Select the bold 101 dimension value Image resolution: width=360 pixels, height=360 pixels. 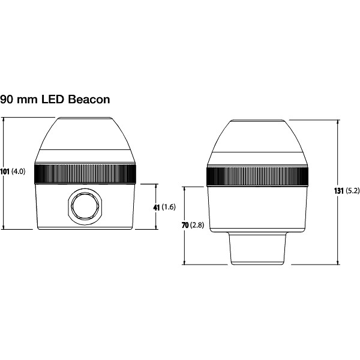click(5, 172)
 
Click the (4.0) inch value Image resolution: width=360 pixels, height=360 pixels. click(19, 172)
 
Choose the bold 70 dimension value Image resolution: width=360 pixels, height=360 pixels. click(185, 225)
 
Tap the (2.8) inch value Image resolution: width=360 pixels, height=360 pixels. click(197, 225)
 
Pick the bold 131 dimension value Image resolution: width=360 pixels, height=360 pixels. click(338, 191)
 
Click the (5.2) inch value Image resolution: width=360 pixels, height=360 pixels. click(352, 191)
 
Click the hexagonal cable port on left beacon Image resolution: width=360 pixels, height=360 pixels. click(84, 207)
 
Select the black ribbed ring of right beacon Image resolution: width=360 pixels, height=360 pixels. click(258, 176)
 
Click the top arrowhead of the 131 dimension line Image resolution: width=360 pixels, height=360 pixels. click(339, 122)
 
